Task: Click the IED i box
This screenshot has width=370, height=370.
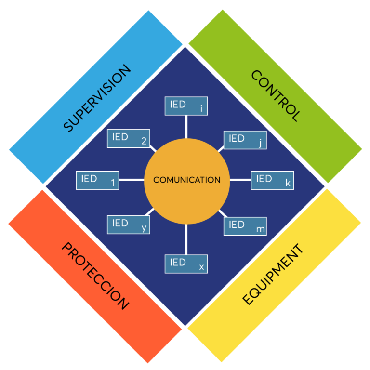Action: pos(186,106)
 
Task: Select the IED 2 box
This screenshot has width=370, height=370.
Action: pos(128,138)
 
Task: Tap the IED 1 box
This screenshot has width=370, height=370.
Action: pos(97,180)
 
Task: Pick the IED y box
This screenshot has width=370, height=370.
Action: pos(128,225)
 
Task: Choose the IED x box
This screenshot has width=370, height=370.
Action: pos(186,264)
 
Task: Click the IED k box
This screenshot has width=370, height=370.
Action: pos(272,180)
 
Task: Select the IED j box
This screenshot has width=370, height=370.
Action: pos(245,140)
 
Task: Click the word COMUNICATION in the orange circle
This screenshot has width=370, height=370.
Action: pos(187,180)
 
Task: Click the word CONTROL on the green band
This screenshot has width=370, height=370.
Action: pos(276,96)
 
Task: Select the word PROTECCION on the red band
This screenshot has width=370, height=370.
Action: pos(95,276)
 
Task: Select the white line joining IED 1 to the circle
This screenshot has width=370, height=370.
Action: pos(132,180)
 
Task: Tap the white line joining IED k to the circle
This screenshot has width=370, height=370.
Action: pos(240,180)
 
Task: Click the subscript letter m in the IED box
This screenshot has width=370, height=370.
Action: pos(261,229)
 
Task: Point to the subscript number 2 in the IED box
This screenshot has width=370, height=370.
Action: pos(144,142)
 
